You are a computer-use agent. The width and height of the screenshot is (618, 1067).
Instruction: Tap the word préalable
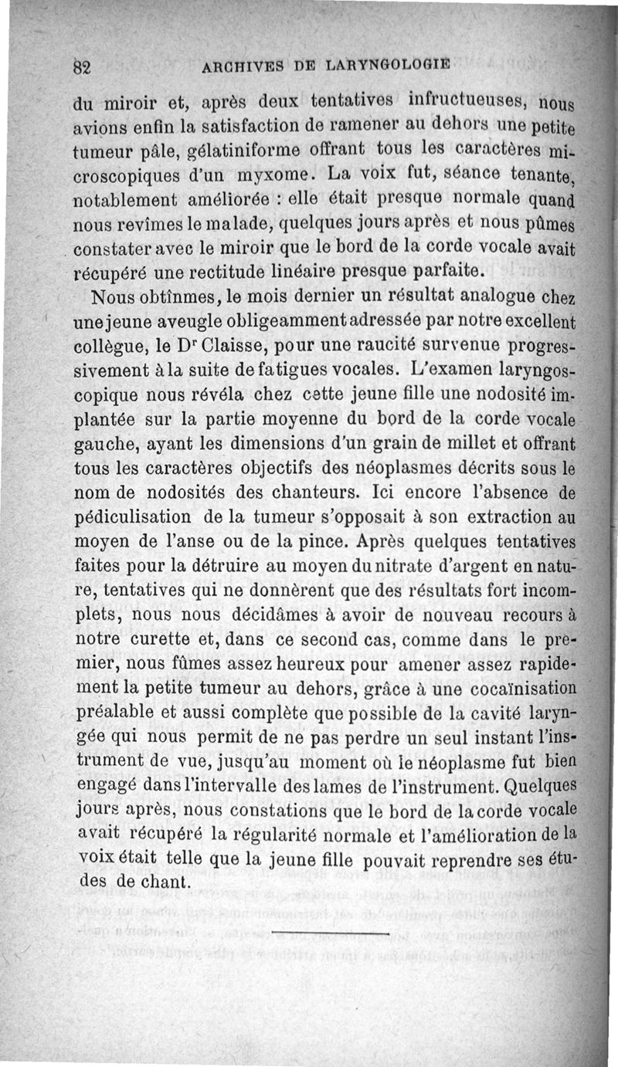(122, 715)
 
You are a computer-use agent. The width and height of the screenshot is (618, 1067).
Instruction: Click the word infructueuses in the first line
(466, 101)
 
